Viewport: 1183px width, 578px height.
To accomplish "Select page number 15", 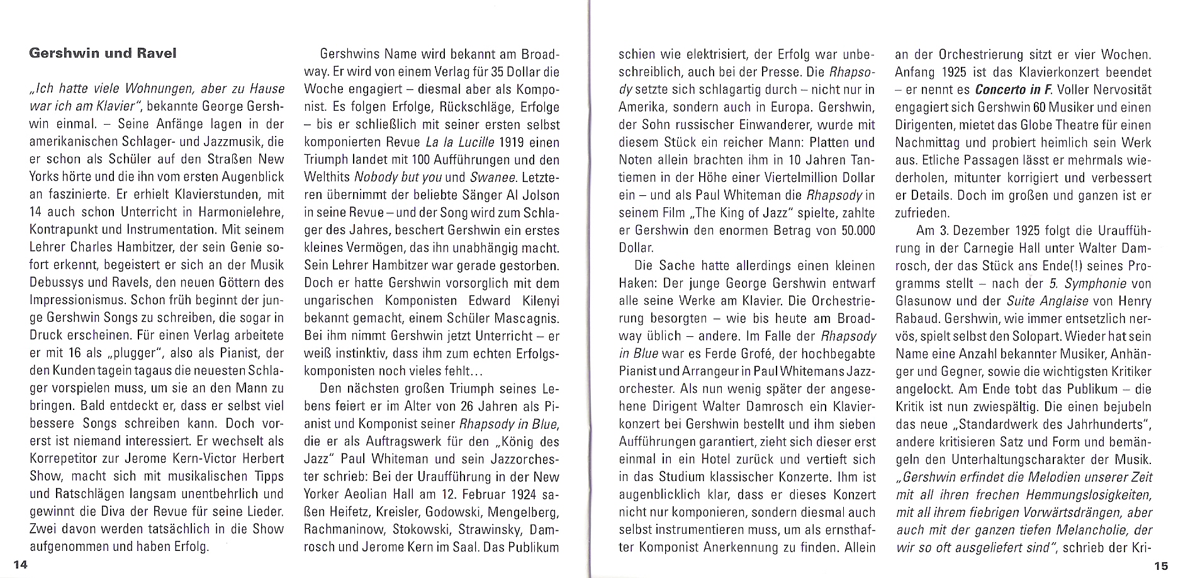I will coord(1160,565).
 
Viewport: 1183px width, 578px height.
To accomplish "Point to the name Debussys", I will coord(59,283).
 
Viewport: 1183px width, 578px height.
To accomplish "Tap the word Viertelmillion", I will coord(787,178).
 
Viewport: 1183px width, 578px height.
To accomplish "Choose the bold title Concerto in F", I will coord(1014,89).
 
